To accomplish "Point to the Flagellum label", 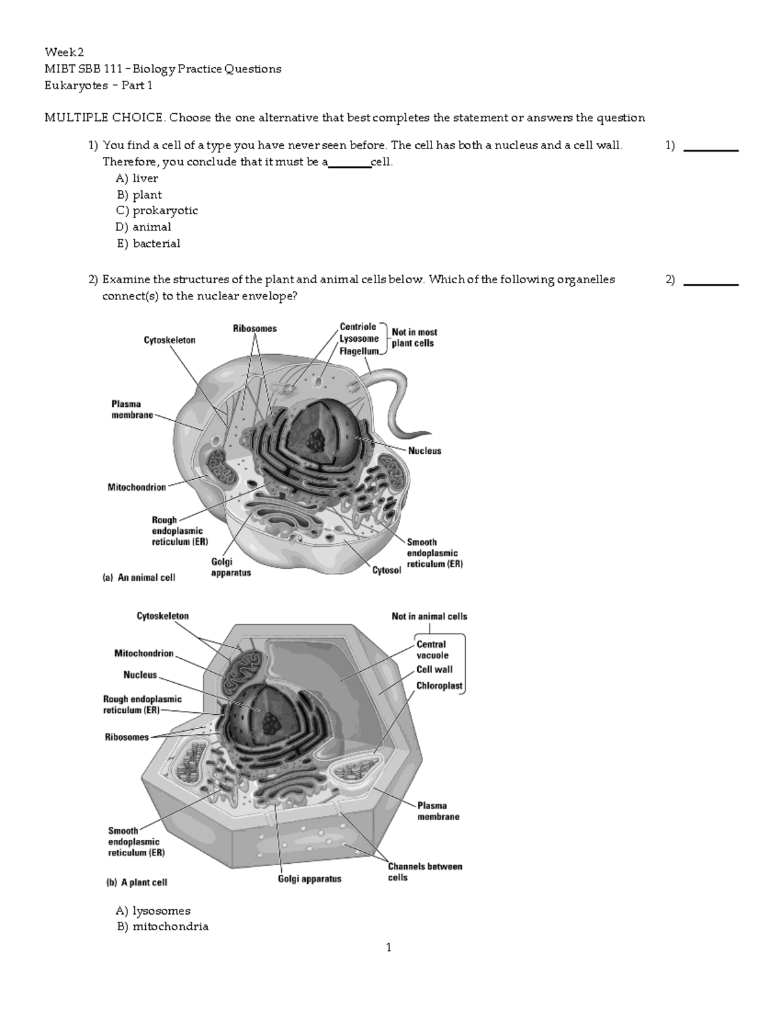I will click(x=359, y=351).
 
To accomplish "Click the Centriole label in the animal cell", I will click(x=358, y=327).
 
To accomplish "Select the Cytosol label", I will click(x=387, y=570).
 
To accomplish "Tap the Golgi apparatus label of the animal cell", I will click(x=230, y=567).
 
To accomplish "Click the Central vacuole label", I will click(x=432, y=650).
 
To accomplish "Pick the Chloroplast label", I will click(x=439, y=686).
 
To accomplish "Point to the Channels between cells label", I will click(x=424, y=872).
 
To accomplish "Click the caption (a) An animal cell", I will click(x=139, y=577).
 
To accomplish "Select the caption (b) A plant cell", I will click(x=137, y=883).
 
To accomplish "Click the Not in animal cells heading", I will click(x=429, y=616).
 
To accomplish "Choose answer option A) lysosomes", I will click(x=153, y=911).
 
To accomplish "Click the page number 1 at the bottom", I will click(x=389, y=948).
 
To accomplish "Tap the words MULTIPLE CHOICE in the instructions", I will click(x=103, y=118).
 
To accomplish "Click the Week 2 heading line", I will click(x=64, y=52).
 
